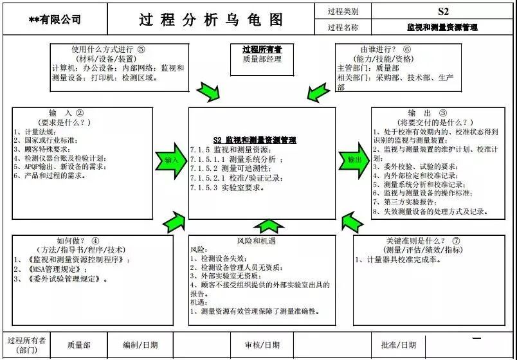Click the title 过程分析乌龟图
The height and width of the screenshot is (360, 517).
(211, 19)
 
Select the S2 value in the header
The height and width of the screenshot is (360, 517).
(442, 11)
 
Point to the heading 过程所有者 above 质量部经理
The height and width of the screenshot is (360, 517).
(262, 50)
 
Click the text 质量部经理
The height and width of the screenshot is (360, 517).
(262, 60)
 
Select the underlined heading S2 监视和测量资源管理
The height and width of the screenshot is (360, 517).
(255, 139)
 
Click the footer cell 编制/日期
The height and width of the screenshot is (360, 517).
(140, 345)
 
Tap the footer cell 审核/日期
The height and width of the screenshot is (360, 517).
(262, 345)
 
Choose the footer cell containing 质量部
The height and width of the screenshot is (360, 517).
(78, 345)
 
